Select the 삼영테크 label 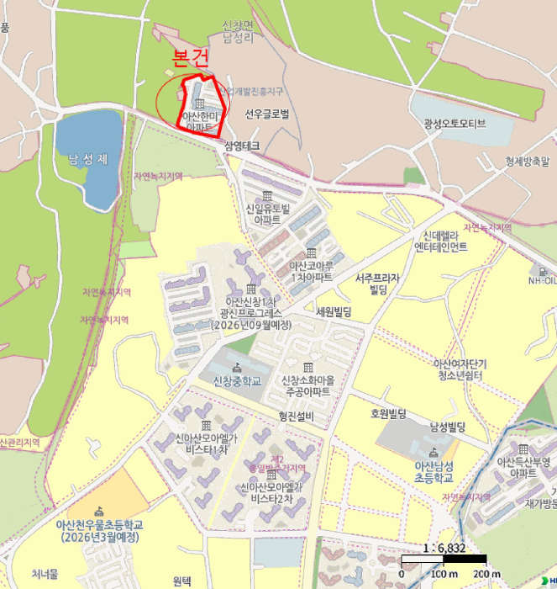point(242,146)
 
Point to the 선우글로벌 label point(267,114)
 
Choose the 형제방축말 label point(528,160)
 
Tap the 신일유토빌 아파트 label point(267,214)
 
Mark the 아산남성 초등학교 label point(434,471)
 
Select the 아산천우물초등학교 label point(99,531)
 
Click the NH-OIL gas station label point(543,281)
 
